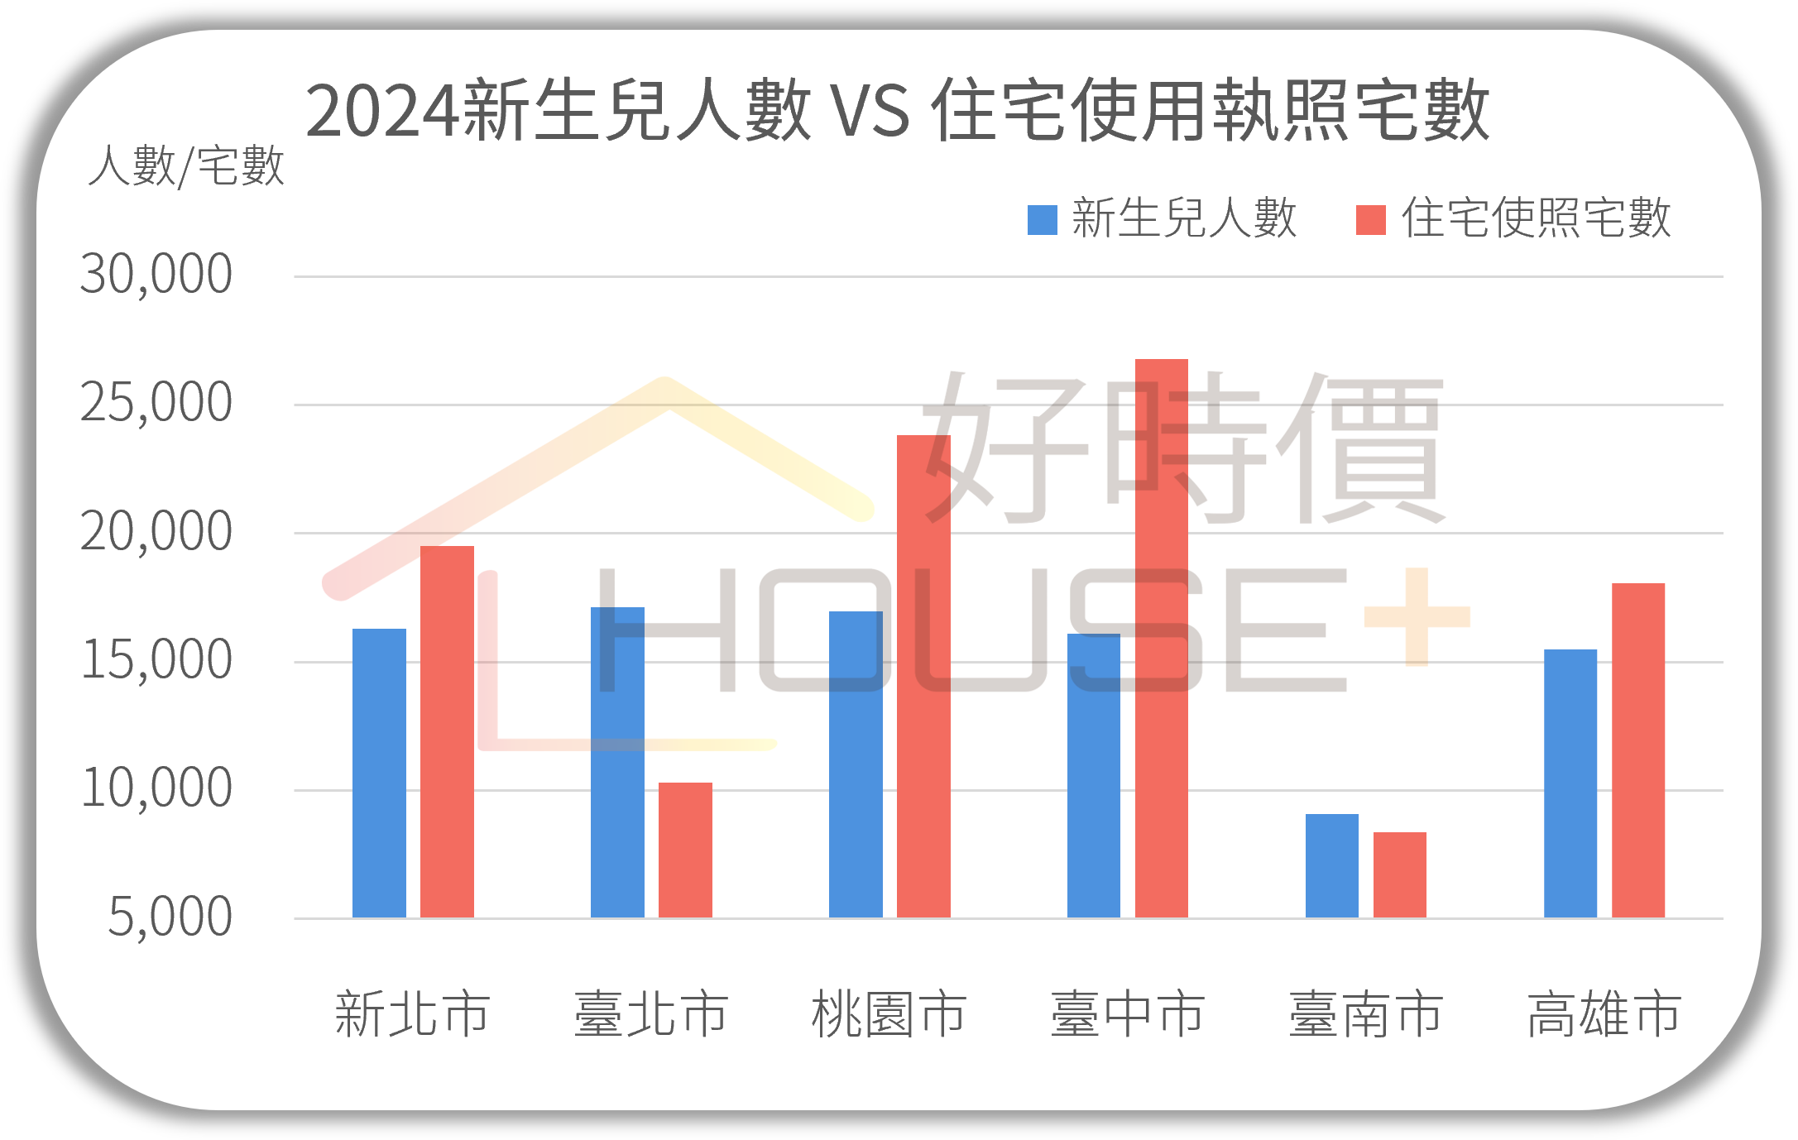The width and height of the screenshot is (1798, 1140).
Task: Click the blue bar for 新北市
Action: pos(379,773)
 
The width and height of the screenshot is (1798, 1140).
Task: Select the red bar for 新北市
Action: pos(447,731)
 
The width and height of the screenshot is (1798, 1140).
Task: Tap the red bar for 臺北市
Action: pos(685,850)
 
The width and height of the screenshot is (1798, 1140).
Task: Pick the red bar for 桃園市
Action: pos(923,676)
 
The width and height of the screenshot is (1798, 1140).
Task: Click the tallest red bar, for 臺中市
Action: pos(1162,638)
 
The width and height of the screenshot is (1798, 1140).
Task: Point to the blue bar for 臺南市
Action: pos(1332,865)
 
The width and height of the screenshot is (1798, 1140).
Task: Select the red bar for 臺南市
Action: pos(1400,874)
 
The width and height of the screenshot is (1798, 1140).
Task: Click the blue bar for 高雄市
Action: pos(1570,783)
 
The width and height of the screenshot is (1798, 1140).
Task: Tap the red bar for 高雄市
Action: pos(1638,750)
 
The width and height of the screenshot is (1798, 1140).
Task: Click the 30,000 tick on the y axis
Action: pos(156,275)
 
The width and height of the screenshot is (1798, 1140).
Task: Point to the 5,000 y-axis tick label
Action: pos(170,917)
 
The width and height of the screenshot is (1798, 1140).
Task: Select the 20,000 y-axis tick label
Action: pos(156,532)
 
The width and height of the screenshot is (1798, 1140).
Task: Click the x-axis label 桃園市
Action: pos(889,1014)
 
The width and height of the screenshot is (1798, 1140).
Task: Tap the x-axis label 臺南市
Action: pos(1366,1014)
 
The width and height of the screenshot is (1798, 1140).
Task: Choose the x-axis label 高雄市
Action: pos(1604,1014)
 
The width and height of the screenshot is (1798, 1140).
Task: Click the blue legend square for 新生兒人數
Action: pos(1042,220)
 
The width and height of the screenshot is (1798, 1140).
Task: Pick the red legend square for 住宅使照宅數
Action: pos(1370,220)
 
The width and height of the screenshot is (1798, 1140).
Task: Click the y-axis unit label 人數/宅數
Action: pos(186,166)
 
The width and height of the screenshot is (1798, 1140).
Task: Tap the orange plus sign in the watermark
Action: pos(1417,616)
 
